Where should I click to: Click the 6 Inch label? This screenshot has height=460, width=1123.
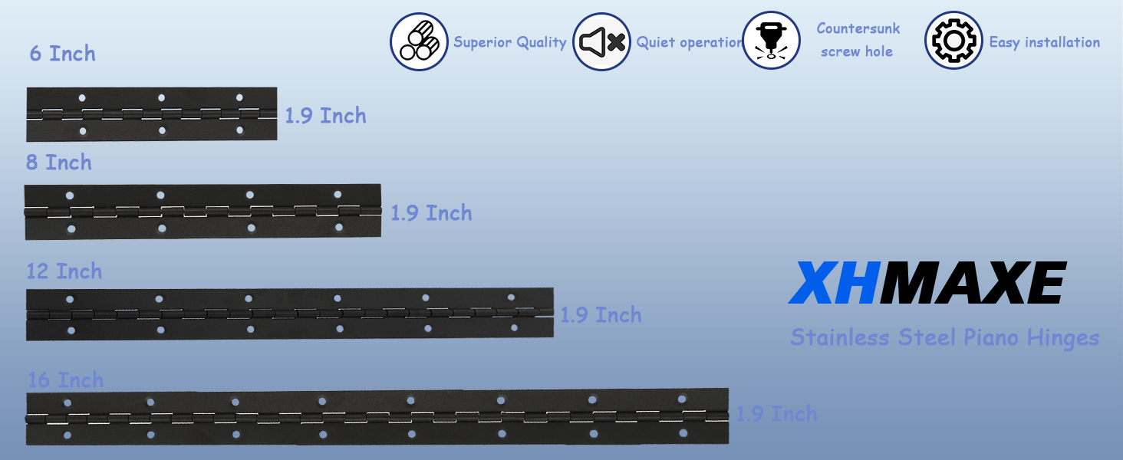63,54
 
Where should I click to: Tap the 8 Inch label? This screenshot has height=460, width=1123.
59,163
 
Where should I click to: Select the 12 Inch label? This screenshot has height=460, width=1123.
64,271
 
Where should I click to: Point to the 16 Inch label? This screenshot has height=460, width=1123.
66,380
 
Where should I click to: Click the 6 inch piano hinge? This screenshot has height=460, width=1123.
151,114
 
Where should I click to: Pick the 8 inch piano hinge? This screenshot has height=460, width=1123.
203,211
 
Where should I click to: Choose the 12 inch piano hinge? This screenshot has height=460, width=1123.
289,314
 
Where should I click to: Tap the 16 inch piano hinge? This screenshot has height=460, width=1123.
377,417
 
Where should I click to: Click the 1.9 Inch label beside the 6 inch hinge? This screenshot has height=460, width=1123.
325,116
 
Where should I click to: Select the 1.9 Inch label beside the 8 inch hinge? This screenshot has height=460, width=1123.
431,213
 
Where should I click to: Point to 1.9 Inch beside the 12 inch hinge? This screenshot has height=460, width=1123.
601,315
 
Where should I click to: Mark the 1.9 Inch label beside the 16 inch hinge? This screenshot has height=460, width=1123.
776,414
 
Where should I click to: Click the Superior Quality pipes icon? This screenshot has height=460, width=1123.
419,42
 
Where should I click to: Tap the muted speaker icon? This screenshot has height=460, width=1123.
601,42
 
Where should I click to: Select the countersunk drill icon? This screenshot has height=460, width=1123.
771,41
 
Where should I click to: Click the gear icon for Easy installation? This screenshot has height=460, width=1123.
953,41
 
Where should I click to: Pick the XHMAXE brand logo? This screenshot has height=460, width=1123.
927,283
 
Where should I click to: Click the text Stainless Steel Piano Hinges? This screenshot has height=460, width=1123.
944,337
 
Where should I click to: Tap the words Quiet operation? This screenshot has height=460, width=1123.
689,43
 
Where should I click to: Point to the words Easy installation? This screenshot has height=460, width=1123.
1044,43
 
